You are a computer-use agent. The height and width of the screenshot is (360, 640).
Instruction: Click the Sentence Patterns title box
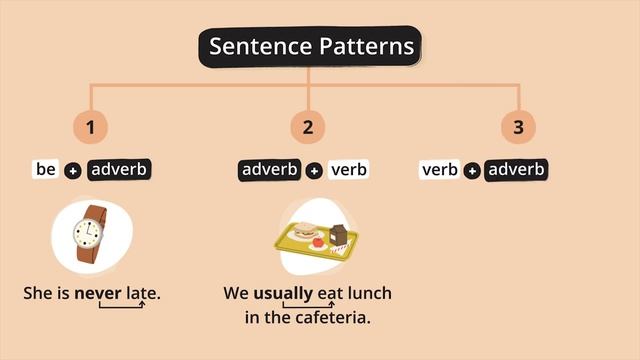[310, 47]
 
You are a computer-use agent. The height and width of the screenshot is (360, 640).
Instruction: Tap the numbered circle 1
[91, 127]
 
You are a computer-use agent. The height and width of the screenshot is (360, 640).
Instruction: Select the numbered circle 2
[308, 127]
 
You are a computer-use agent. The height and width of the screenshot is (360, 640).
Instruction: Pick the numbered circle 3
[518, 127]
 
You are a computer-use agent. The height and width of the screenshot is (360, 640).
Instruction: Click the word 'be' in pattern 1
[46, 169]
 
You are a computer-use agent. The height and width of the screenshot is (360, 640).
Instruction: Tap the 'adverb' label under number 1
[119, 169]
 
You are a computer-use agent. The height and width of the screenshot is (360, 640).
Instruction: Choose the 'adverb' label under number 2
[270, 169]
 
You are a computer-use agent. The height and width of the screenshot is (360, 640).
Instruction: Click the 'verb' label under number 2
[348, 169]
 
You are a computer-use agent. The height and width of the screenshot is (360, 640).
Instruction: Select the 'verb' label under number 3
[440, 169]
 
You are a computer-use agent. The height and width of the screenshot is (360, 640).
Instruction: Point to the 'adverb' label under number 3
[516, 169]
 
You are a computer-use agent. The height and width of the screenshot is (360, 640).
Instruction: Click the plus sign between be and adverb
[72, 171]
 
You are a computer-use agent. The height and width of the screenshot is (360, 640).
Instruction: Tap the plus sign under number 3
[471, 171]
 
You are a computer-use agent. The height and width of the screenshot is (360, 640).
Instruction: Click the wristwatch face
[87, 233]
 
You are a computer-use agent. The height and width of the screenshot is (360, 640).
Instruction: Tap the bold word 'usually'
[283, 294]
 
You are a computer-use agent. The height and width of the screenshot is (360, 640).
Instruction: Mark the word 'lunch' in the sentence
[369, 294]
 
